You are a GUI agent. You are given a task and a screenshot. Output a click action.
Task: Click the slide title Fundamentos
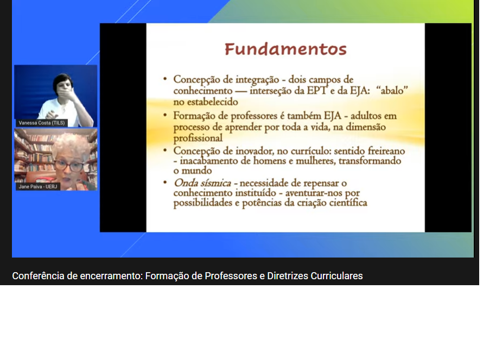click(x=285, y=49)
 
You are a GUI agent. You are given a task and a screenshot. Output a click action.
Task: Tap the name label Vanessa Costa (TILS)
click(x=41, y=123)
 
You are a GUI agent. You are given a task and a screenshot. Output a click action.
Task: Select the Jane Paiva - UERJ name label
click(x=38, y=187)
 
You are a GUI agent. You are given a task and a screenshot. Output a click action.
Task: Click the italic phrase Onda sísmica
click(x=202, y=183)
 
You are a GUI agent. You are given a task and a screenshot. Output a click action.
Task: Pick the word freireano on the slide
click(x=386, y=151)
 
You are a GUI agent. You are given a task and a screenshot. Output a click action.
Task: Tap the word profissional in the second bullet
click(x=198, y=138)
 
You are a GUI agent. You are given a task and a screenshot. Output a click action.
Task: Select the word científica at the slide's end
click(x=348, y=203)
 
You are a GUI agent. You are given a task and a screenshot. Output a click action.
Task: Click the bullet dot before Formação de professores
click(x=165, y=115)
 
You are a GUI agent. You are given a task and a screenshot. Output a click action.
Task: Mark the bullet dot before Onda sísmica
click(x=165, y=182)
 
